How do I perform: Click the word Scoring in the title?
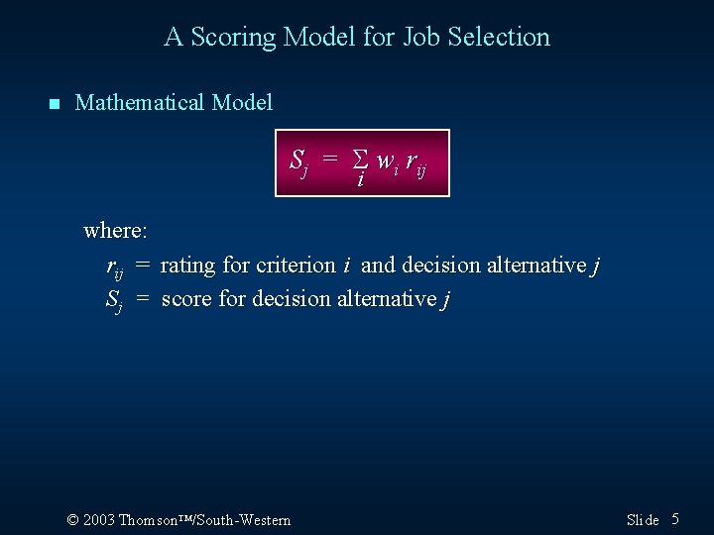click(234, 38)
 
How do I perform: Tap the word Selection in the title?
click(499, 38)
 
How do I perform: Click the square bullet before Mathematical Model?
click(54, 104)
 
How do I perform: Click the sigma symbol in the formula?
click(361, 159)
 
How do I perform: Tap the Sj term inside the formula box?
click(299, 160)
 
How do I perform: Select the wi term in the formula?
click(386, 160)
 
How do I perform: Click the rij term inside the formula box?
click(416, 161)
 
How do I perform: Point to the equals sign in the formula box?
click(330, 159)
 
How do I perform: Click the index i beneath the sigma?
click(360, 181)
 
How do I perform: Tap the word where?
click(116, 231)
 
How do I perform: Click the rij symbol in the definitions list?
click(115, 267)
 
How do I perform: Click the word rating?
click(189, 266)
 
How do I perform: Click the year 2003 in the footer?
click(99, 520)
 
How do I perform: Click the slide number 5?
click(675, 519)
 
